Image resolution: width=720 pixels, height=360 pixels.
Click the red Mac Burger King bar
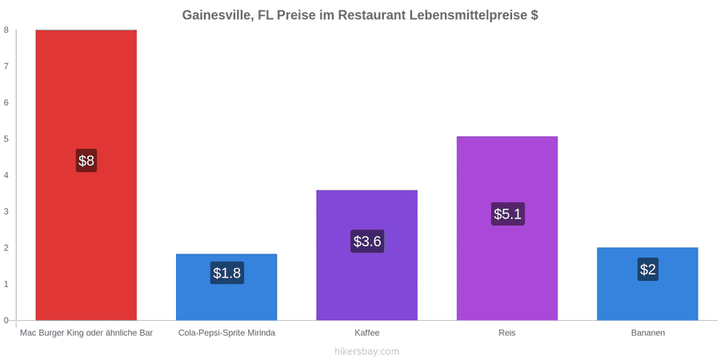pos(86,175)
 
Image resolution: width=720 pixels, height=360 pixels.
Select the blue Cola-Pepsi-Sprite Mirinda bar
pos(226,287)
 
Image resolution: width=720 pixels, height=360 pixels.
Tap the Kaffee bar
pos(367,255)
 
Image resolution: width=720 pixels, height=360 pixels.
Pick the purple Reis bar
pos(507,228)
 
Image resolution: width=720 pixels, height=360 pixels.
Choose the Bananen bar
pos(647,284)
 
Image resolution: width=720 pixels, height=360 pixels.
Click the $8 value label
pos(86,161)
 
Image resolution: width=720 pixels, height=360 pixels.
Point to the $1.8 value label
pos(227,273)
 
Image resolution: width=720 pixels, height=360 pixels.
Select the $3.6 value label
pos(367,241)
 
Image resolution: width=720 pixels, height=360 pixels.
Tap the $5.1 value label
pos(507,214)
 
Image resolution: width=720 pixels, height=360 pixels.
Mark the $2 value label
pos(647,270)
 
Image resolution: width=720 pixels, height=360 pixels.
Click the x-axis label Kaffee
pos(367,334)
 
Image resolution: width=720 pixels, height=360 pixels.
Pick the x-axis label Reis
pos(507,334)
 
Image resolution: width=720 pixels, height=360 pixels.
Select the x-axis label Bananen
pos(647,334)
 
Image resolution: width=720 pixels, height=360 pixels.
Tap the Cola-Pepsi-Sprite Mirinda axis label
pos(227,334)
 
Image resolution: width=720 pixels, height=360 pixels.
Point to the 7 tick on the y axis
pos(7,66)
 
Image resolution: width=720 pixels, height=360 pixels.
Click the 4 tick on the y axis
pos(7,175)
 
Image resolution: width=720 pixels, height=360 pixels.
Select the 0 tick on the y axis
pos(7,321)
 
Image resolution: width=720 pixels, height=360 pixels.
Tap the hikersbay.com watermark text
pos(360,352)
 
